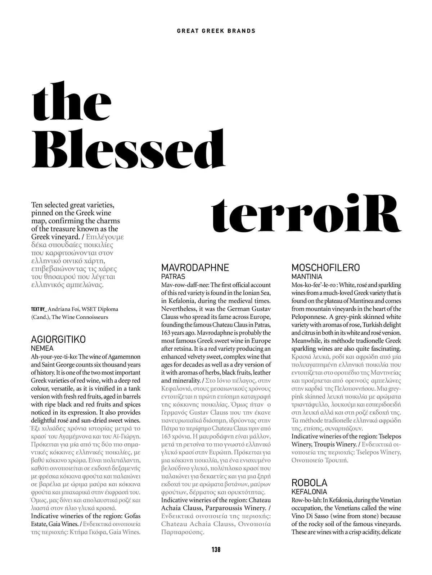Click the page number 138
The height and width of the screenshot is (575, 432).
pyautogui.click(x=216, y=549)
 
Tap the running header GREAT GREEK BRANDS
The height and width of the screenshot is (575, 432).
pyautogui.click(x=216, y=31)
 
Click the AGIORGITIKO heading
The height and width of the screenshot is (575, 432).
pyautogui.click(x=58, y=339)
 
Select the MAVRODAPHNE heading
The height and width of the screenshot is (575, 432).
pyautogui.click(x=195, y=268)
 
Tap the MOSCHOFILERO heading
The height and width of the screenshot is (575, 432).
pyautogui.click(x=325, y=268)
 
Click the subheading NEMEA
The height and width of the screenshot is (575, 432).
pyautogui.click(x=42, y=348)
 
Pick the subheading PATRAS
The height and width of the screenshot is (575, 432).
pyautogui.click(x=173, y=277)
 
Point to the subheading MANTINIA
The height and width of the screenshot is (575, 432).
pyautogui.click(x=307, y=277)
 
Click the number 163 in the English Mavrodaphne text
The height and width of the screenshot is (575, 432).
pyautogui.click(x=166, y=333)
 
